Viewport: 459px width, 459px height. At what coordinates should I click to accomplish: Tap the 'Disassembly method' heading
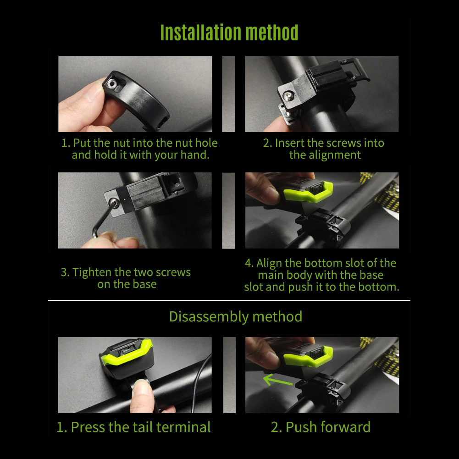pos(236,316)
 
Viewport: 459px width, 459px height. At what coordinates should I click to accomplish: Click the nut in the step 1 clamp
pos(111,84)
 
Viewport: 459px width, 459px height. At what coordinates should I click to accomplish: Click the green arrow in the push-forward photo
pos(277,380)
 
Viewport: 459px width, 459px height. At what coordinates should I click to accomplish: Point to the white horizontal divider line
pos(229,300)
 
